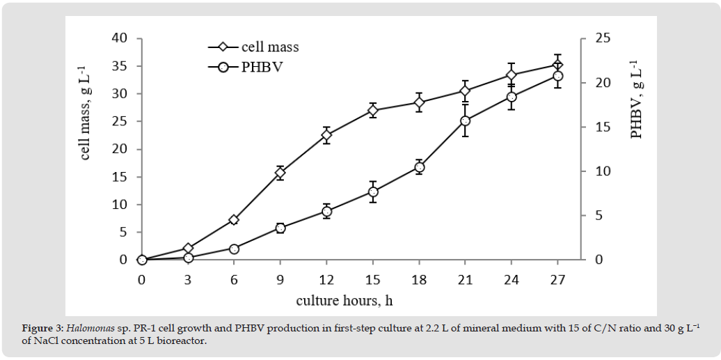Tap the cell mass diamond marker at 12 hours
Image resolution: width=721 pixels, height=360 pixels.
tap(326, 135)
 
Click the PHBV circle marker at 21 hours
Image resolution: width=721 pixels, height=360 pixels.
tap(466, 120)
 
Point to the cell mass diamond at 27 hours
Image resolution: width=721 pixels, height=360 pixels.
tap(557, 65)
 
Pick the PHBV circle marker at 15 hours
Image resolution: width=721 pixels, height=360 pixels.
tap(373, 191)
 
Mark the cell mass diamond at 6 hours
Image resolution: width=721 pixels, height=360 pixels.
tap(234, 219)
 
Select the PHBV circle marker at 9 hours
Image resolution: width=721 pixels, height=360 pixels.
tap(280, 228)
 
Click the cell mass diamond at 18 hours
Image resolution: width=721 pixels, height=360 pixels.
tap(419, 102)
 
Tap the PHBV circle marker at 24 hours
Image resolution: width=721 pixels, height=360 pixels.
tap(512, 97)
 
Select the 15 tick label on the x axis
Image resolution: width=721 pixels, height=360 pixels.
tap(373, 280)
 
